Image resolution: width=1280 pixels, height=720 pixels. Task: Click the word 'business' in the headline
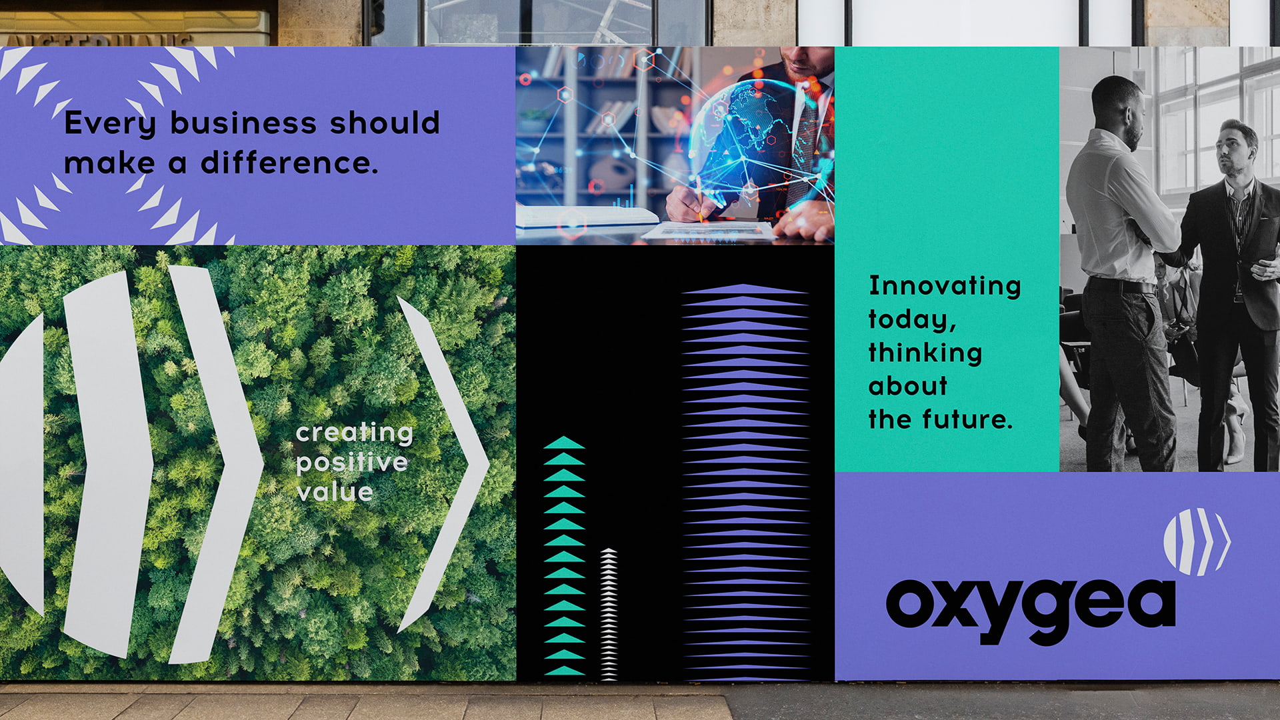243,123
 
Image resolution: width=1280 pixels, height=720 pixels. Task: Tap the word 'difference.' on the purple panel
290,162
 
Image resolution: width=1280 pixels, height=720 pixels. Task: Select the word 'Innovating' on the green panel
945,285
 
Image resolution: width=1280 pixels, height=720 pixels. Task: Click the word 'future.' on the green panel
967,419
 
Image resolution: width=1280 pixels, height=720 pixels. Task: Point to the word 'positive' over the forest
352,463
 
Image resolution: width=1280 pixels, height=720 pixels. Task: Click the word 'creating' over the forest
355,434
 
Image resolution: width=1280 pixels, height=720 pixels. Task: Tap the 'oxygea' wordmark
1031,610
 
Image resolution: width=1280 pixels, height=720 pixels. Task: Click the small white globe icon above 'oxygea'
1197,541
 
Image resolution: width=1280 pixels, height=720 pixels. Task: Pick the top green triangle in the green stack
564,442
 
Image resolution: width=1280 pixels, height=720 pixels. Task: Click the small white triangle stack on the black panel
609,614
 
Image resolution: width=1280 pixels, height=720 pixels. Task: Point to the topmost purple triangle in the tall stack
744,289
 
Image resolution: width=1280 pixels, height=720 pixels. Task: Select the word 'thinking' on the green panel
925,352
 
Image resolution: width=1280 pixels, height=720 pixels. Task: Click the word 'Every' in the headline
110,124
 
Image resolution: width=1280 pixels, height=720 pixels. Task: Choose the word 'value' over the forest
335,493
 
